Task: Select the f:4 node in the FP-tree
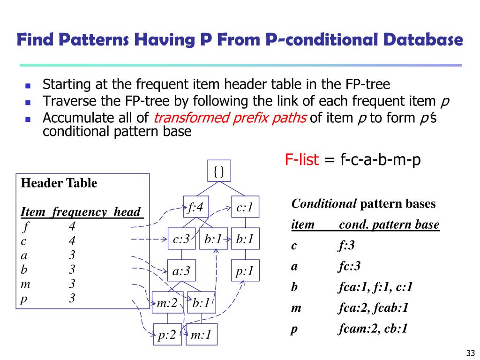195,207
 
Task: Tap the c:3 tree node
181,239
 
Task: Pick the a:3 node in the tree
181,270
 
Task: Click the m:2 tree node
166,303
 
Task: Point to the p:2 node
167,335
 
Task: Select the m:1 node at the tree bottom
201,335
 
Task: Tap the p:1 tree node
245,270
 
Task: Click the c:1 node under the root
245,207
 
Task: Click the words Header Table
59,183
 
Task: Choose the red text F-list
302,160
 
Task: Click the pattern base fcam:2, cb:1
373,329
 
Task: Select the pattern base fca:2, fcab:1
373,308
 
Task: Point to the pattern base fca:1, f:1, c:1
375,287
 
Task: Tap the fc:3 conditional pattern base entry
349,266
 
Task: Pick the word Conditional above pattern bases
324,204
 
